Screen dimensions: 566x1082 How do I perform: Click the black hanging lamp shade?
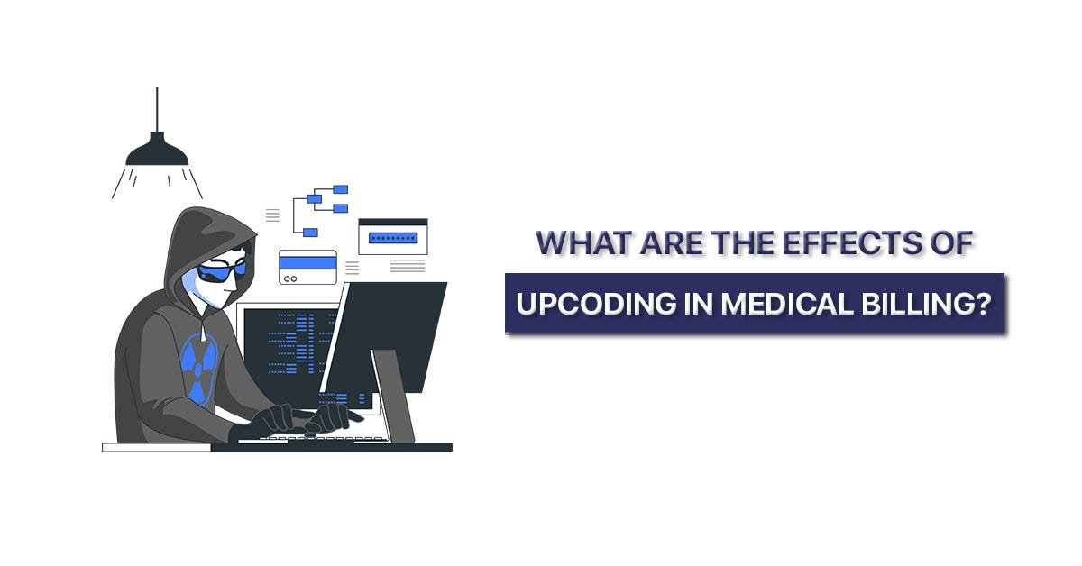[x=157, y=152]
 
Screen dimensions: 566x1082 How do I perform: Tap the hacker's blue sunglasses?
[x=222, y=269]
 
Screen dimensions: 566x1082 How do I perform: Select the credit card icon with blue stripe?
[x=307, y=267]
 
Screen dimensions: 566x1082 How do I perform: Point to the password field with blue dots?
[x=393, y=237]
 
